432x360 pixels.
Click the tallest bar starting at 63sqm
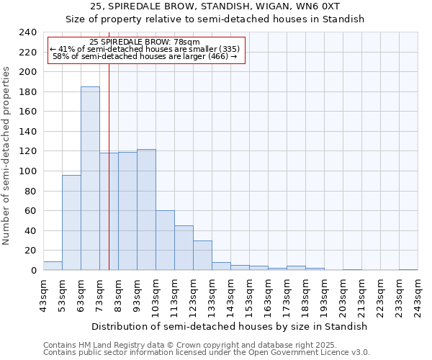pos(90,179)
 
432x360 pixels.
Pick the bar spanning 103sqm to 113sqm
pos(165,240)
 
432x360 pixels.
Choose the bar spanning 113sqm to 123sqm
pos(184,248)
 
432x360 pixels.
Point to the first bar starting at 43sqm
pos(53,266)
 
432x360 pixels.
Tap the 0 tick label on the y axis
pos(33,270)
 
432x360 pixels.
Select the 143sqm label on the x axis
pos(230,294)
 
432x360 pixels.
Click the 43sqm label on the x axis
pos(43,294)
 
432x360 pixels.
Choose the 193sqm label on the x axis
pos(324,294)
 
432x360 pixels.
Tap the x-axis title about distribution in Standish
pos(230,326)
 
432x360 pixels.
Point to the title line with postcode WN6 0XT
pos(215,6)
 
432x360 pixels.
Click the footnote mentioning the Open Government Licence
pos(207,352)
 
